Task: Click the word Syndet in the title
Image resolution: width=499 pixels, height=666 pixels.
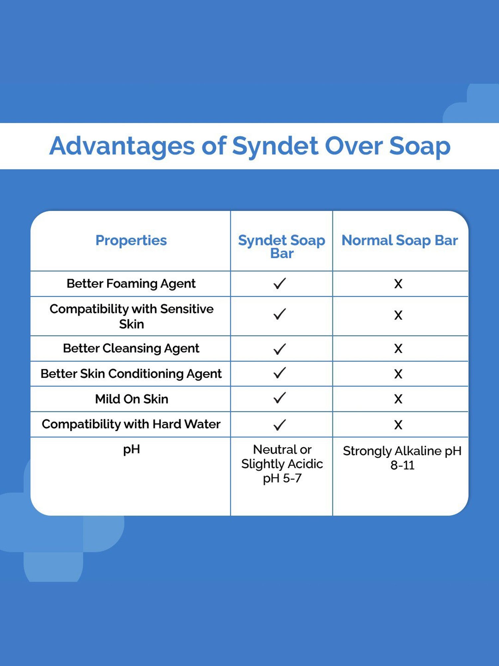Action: click(x=275, y=146)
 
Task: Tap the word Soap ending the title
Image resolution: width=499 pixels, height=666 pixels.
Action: click(x=420, y=146)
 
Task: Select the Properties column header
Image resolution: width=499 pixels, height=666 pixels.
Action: click(x=131, y=240)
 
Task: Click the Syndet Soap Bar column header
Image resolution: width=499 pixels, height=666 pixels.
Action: click(x=281, y=246)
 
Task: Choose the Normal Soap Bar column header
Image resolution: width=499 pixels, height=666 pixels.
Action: click(x=400, y=240)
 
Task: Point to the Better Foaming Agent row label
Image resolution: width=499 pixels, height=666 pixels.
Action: click(x=131, y=284)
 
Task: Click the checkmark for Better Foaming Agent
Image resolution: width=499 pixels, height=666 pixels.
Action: click(x=279, y=283)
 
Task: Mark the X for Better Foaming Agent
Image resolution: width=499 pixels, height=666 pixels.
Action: click(x=398, y=284)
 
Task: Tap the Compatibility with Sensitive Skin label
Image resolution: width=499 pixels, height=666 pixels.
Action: click(x=131, y=316)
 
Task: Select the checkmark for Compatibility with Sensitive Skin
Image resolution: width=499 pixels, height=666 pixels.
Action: click(x=279, y=314)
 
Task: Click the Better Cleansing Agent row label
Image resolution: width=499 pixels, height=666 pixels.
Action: click(x=131, y=348)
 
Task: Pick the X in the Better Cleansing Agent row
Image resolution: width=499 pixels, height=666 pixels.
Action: click(x=398, y=349)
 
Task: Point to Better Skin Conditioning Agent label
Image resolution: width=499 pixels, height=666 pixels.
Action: click(x=131, y=374)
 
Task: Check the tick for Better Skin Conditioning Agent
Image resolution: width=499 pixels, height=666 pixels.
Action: click(x=279, y=373)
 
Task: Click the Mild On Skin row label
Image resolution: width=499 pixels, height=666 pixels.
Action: click(x=131, y=399)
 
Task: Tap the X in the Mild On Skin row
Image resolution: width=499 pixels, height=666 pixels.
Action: click(x=398, y=399)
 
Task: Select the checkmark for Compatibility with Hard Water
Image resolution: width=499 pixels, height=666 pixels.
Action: click(x=279, y=425)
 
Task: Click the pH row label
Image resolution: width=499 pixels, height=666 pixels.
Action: click(x=131, y=450)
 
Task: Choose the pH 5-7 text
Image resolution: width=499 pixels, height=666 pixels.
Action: click(x=282, y=479)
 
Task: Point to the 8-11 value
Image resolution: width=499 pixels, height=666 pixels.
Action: click(x=402, y=465)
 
